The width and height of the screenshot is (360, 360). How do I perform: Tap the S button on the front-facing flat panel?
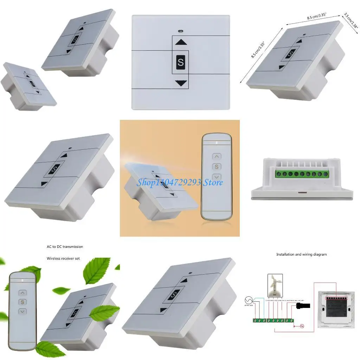[x=181, y=63]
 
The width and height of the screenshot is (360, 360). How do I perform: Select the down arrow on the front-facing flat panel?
[x=181, y=83]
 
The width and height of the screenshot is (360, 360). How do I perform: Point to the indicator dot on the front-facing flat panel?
[x=180, y=30]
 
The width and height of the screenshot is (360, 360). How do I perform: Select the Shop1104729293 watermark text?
[x=169, y=182]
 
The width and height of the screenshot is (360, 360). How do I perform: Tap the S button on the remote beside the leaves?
[x=22, y=302]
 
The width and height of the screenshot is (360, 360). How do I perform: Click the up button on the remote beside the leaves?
[x=22, y=292]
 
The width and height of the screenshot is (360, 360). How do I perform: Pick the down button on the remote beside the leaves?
[x=22, y=311]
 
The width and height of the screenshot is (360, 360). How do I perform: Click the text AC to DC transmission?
[x=65, y=247]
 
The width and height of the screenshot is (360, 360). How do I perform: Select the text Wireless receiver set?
[x=63, y=258]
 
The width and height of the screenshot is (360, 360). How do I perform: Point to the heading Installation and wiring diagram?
[x=301, y=254]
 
